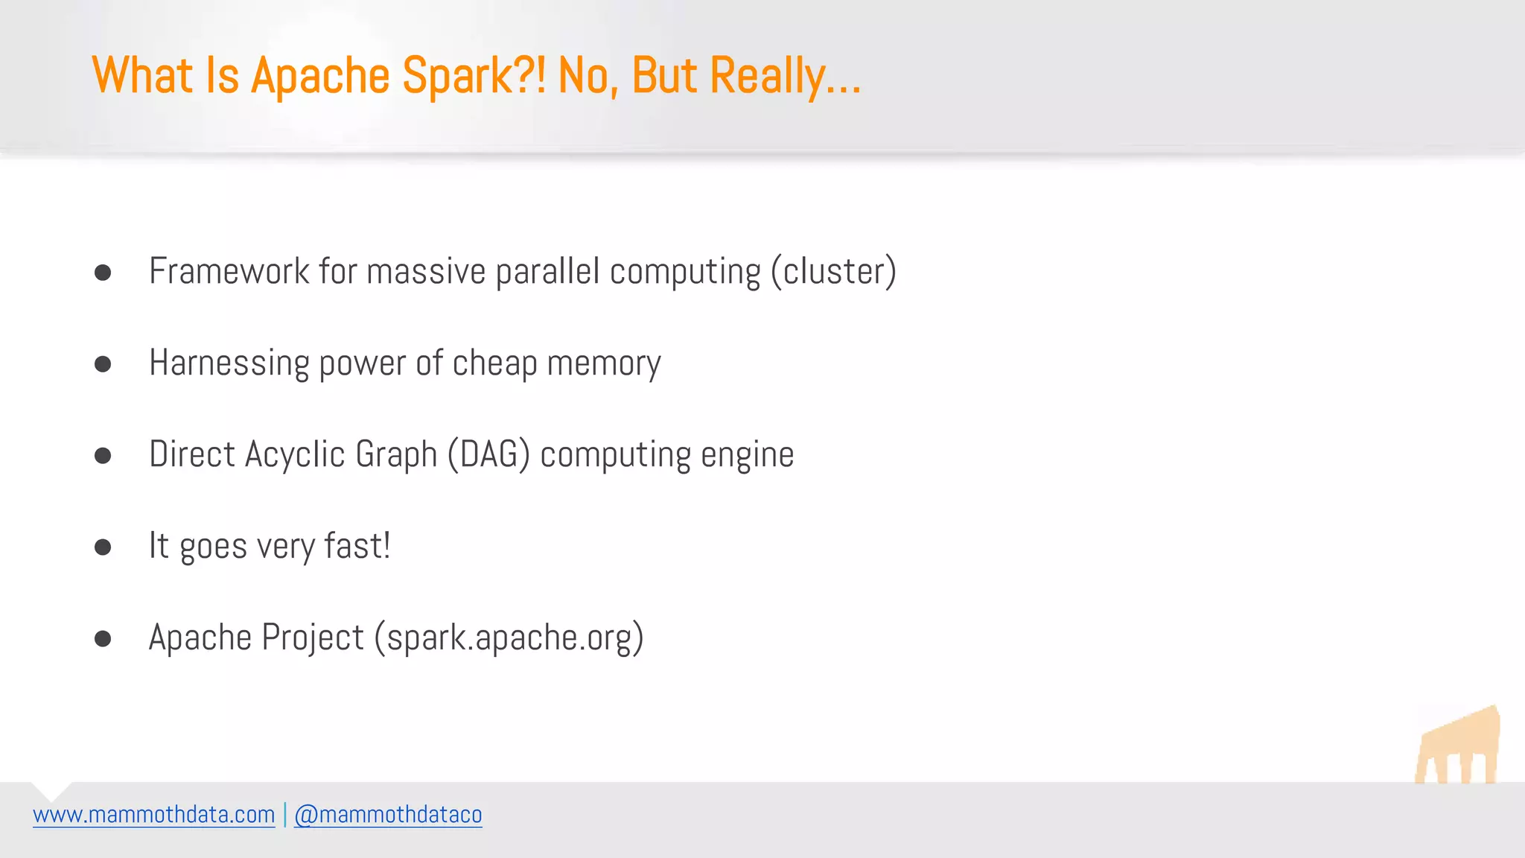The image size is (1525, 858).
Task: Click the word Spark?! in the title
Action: tap(474, 76)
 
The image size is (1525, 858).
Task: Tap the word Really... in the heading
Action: tap(786, 76)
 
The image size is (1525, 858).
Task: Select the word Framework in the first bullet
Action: tap(229, 271)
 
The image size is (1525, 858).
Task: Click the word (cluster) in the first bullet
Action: tap(833, 271)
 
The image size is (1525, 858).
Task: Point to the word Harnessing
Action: tap(229, 363)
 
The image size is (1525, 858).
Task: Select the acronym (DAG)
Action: tap(488, 455)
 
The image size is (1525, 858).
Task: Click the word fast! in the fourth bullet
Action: tap(357, 546)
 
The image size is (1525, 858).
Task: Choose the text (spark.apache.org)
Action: tap(509, 638)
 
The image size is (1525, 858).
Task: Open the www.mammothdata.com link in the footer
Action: tap(154, 815)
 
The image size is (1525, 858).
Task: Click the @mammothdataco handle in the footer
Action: tap(388, 815)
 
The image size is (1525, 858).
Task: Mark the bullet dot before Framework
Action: tap(103, 273)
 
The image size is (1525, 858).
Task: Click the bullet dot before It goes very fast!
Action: tap(103, 547)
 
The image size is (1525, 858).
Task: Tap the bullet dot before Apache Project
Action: tap(103, 639)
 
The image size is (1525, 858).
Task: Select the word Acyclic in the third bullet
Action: tap(294, 455)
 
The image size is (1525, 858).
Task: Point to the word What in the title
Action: tap(142, 76)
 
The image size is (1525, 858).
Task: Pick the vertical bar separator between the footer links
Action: tap(284, 815)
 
